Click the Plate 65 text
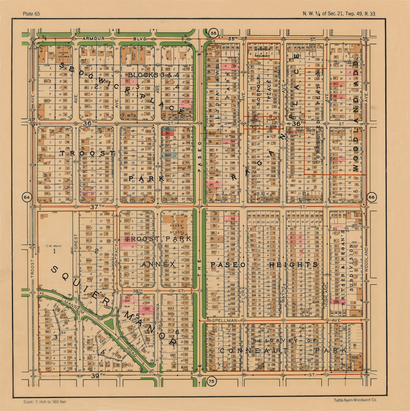31,14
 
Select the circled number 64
27,198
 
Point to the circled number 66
372,198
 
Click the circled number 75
212,381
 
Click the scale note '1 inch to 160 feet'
45,402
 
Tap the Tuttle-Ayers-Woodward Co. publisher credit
355,400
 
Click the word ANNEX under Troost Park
158,265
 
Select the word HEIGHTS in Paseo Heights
293,265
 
